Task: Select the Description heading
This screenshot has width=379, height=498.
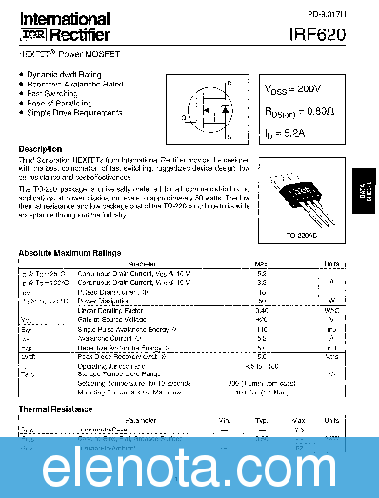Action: point(41,149)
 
